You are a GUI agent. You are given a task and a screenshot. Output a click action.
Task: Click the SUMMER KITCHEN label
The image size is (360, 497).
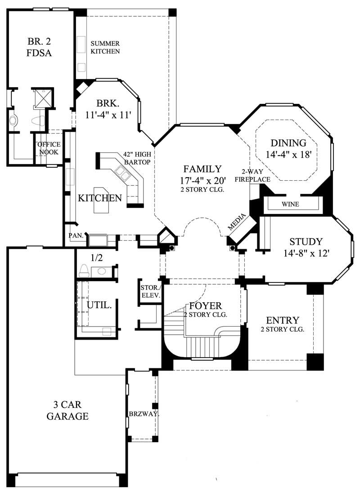click(105, 47)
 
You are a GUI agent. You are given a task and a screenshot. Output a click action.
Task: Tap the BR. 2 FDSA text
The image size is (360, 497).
click(40, 48)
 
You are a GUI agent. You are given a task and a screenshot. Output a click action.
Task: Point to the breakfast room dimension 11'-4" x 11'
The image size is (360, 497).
click(108, 115)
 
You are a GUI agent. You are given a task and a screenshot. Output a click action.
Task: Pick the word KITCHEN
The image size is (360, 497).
click(100, 198)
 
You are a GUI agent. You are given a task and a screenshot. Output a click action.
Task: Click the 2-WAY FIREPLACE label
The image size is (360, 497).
click(255, 176)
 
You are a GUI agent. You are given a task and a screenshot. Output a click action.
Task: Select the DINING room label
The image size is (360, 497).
click(288, 143)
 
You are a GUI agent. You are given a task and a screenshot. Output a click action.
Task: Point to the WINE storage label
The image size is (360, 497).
click(290, 204)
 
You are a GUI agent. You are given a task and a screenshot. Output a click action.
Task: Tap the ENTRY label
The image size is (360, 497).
click(283, 320)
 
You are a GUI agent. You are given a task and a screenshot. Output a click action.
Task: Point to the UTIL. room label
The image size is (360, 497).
click(99, 304)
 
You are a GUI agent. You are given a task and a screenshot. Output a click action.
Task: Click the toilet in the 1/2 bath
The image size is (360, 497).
click(84, 270)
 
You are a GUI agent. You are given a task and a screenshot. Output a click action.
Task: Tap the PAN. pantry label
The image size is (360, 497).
click(75, 235)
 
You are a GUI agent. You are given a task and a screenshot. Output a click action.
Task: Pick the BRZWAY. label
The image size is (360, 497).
click(144, 414)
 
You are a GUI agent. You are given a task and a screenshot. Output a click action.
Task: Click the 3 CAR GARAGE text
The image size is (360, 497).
click(67, 410)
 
